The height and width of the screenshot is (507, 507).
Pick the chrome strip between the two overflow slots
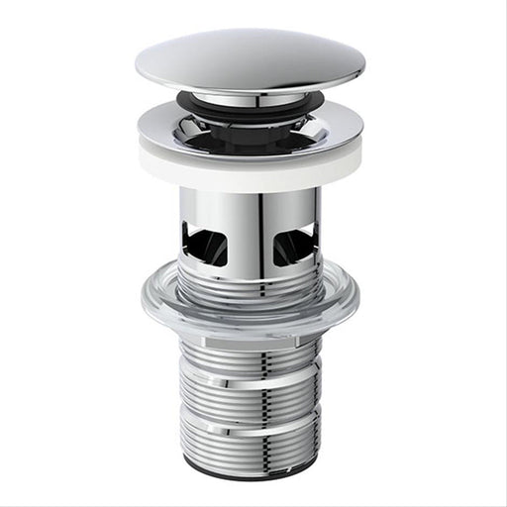[x=250, y=233]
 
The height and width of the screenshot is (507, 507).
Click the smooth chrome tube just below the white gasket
[x=250, y=198]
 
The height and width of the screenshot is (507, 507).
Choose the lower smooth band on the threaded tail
[x=250, y=428]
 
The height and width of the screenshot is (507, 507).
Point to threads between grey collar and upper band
[x=250, y=358]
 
